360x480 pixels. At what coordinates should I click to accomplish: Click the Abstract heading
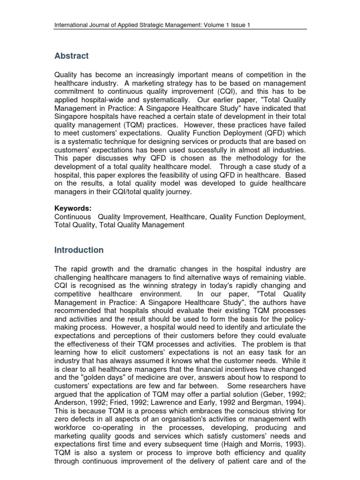71,56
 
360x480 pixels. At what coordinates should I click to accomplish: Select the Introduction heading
78,250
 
